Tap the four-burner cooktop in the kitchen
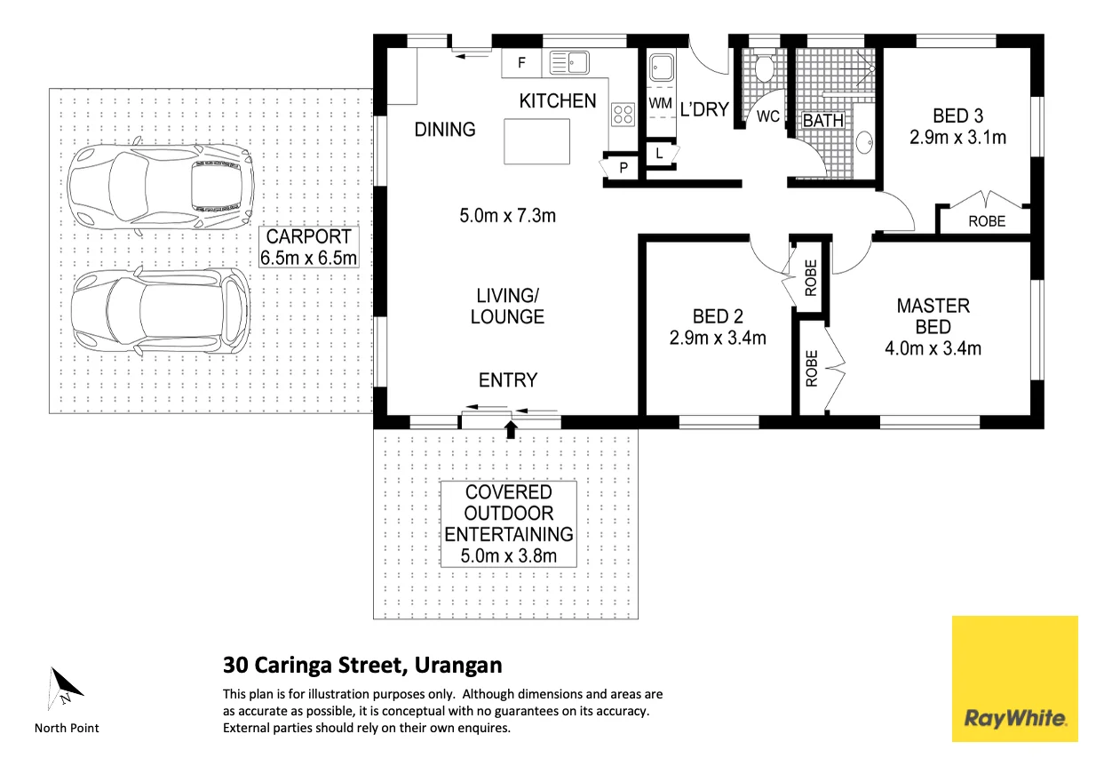pyautogui.click(x=623, y=114)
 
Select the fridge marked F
pyautogui.click(x=521, y=63)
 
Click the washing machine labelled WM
pyautogui.click(x=660, y=104)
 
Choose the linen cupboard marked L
pyautogui.click(x=659, y=154)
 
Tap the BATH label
pyautogui.click(x=822, y=120)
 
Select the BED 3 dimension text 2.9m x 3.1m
pyautogui.click(x=957, y=138)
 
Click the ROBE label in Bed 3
pyautogui.click(x=987, y=221)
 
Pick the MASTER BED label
pyautogui.click(x=933, y=316)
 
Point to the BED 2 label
pyautogui.click(x=718, y=316)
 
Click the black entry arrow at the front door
pyautogui.click(x=511, y=430)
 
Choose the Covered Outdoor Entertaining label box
pyautogui.click(x=509, y=524)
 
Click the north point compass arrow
pyautogui.click(x=65, y=687)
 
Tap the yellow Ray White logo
pyautogui.click(x=1014, y=678)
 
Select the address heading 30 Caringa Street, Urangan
pyautogui.click(x=362, y=665)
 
